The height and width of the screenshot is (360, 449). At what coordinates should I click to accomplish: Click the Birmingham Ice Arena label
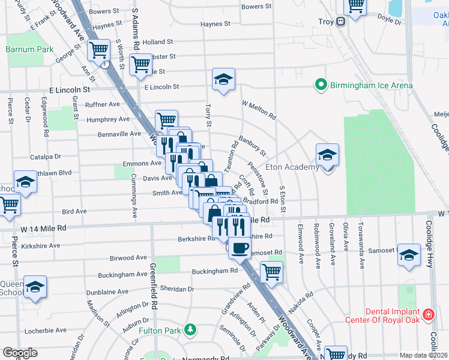tap(371, 86)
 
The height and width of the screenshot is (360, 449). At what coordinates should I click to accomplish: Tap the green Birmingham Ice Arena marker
tap(321, 85)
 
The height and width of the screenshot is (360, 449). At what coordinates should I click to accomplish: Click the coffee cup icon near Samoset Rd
tap(240, 247)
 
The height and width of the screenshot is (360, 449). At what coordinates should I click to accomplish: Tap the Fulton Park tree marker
tap(190, 329)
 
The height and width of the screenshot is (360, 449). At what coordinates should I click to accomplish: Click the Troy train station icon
tap(340, 22)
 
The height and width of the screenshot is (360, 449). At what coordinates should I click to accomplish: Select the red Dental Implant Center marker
tap(429, 314)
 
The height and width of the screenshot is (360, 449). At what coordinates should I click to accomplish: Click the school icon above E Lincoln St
tap(223, 79)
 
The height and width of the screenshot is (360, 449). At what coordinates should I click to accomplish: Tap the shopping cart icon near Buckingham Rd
tap(272, 271)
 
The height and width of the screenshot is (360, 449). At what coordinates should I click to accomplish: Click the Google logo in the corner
tap(20, 353)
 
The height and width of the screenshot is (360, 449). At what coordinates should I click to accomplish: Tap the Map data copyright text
tap(423, 355)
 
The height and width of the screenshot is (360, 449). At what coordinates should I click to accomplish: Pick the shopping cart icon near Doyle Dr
tap(355, 6)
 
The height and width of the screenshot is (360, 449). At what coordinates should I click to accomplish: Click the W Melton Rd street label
tap(258, 110)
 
